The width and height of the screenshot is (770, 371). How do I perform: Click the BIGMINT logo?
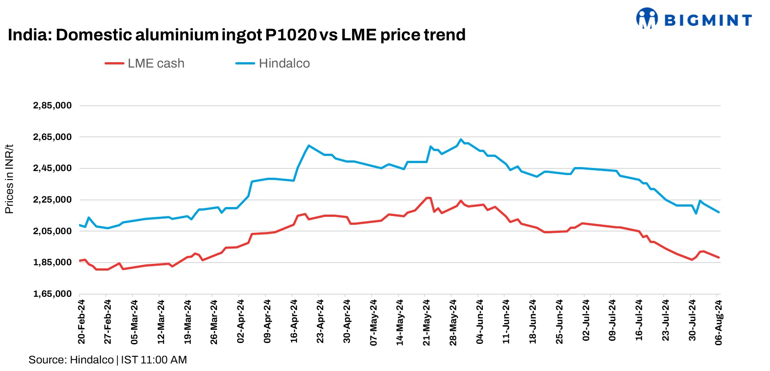[x=694, y=19]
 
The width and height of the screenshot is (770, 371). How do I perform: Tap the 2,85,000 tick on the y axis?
[x=52, y=106]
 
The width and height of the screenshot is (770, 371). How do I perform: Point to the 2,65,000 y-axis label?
[x=52, y=137]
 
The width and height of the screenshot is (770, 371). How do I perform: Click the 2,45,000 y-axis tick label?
[x=52, y=168]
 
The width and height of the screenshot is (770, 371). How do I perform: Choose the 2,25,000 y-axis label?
[x=52, y=199]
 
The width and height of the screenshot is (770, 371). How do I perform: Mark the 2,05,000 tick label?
[x=52, y=231]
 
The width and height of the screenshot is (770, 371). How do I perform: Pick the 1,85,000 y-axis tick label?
[x=52, y=262]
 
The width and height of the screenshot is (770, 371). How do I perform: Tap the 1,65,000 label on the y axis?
[x=52, y=294]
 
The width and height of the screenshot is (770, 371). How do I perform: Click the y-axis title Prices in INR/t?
[x=9, y=179]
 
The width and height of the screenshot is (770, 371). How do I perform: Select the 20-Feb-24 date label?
[x=81, y=321]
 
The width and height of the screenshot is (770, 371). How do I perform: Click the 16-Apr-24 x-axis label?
[x=294, y=321]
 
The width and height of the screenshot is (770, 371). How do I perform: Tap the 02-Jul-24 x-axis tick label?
[x=586, y=320]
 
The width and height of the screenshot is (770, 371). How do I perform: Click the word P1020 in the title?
[x=291, y=35]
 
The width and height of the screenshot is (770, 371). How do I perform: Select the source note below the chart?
[x=108, y=359]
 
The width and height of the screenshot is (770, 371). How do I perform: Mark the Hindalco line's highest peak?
[x=461, y=140]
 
